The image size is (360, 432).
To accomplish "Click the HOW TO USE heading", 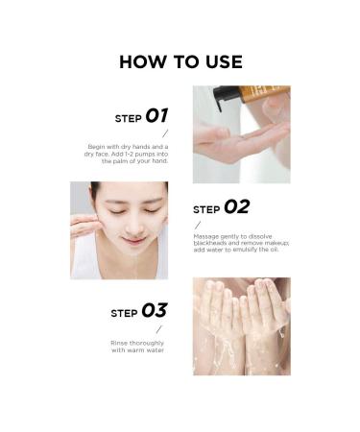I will [x=180, y=62].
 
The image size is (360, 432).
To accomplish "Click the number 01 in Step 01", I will [x=156, y=116].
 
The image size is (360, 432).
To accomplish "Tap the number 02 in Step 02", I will [x=236, y=206].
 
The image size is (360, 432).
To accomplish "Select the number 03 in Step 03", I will [x=154, y=310].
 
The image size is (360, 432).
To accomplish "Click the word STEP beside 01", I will [x=128, y=119].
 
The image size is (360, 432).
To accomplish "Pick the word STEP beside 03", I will [x=124, y=313].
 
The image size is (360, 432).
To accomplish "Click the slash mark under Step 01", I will [x=165, y=133].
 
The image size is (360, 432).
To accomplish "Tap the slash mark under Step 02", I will [x=198, y=225].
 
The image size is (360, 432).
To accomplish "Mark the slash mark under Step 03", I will [x=159, y=328].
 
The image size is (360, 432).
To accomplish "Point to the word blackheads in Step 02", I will [x=213, y=244].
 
